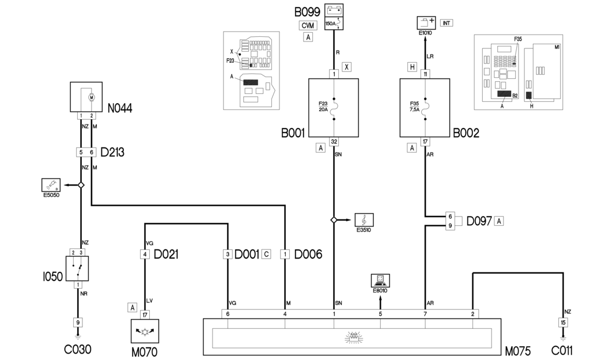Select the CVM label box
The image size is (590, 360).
(308, 25)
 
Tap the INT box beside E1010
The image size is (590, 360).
(446, 23)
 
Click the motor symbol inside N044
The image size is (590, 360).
(90, 98)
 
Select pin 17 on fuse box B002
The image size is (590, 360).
(425, 141)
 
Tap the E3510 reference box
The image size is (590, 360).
(365, 219)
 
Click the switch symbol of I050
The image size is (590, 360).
(77, 268)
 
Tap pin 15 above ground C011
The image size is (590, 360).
(563, 322)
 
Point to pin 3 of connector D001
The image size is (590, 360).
(228, 254)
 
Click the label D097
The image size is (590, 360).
(479, 220)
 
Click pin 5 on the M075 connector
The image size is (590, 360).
(380, 313)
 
